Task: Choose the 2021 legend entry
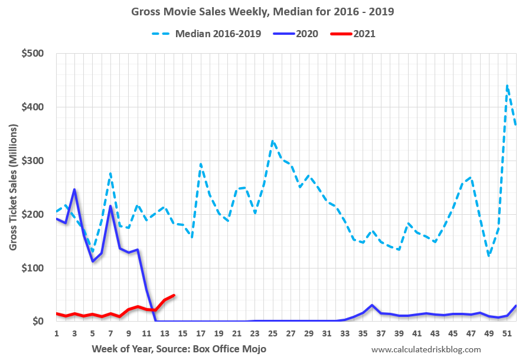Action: (x=364, y=33)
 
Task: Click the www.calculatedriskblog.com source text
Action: (x=426, y=349)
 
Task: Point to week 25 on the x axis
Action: (x=272, y=333)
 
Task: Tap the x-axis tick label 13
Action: (x=165, y=333)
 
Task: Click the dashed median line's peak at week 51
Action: (x=507, y=86)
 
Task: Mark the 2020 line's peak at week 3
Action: (x=74, y=189)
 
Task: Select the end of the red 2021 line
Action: (x=174, y=295)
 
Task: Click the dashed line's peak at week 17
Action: (x=201, y=164)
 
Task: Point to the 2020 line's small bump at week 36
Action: (x=372, y=305)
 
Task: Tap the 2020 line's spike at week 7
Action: (x=110, y=206)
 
